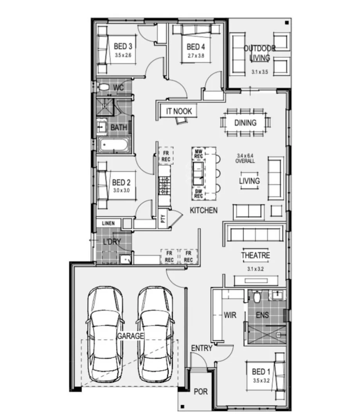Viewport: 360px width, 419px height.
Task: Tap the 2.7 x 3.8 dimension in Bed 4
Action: [x=196, y=56]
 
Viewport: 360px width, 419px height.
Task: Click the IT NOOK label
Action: [x=179, y=111]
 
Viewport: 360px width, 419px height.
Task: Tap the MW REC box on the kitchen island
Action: [x=198, y=154]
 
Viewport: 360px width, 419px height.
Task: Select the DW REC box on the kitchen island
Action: [x=198, y=193]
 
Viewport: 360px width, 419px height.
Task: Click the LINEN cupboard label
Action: [x=108, y=223]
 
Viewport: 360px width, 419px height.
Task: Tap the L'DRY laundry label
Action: [x=112, y=242]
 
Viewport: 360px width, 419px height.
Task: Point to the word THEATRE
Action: [x=255, y=255]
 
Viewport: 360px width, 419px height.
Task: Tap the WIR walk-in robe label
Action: [x=230, y=315]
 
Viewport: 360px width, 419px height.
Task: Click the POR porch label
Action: [x=200, y=392]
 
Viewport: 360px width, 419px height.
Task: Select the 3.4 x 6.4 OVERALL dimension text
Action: [x=245, y=158]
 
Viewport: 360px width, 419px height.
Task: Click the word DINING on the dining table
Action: [x=245, y=123]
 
